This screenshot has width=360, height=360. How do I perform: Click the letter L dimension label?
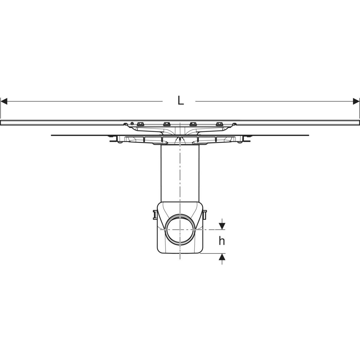pos(181,100)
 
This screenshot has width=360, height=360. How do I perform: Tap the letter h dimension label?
pos(222,241)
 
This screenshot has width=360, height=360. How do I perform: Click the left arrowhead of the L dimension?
pos(4,101)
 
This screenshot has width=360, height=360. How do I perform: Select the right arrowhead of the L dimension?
pos(356,101)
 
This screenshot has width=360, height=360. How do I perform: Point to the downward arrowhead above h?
pos(222,226)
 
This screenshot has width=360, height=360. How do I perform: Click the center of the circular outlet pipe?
pos(180,229)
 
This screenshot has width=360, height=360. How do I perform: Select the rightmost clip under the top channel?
pos(219,124)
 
